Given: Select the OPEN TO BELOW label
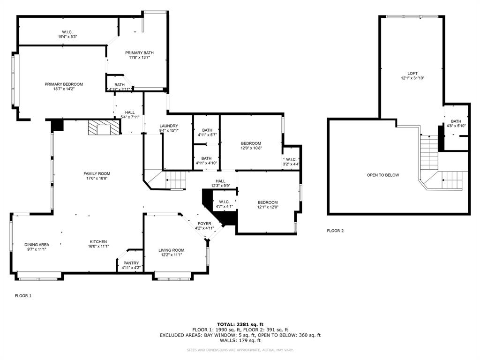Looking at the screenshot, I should coord(383,175).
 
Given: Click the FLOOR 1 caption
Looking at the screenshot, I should coord(23,296).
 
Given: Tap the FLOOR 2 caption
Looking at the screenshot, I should coord(335,231).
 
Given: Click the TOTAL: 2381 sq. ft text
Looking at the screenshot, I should coord(240,324).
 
